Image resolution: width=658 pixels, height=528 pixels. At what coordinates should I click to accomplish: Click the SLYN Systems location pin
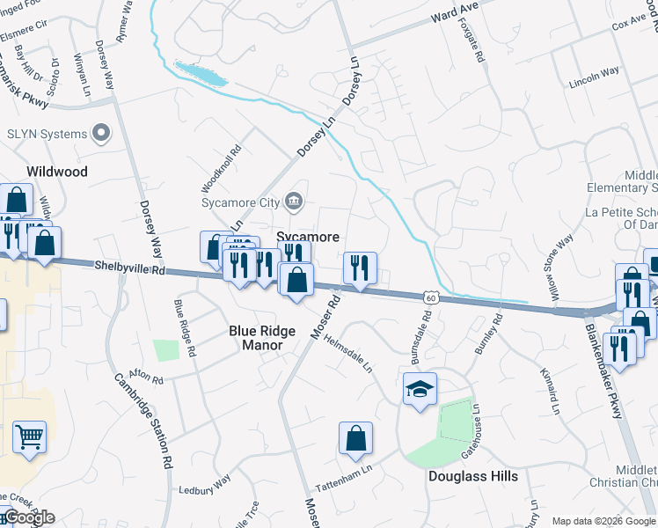(x=101, y=134)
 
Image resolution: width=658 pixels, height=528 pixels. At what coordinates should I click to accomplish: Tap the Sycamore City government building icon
(x=294, y=202)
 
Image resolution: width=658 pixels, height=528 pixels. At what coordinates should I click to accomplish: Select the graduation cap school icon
(x=420, y=387)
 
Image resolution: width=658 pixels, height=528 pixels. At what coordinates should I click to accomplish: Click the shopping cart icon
(x=29, y=436)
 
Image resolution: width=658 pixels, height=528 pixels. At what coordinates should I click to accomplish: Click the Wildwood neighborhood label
(x=57, y=172)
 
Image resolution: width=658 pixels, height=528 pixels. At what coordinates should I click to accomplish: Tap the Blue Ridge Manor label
(x=256, y=338)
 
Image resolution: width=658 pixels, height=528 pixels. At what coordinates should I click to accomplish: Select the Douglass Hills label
(x=472, y=476)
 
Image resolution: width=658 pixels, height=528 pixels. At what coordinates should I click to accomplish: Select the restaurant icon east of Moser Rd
(x=359, y=268)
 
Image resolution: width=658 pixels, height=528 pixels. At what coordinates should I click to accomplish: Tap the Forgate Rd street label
(x=473, y=40)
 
